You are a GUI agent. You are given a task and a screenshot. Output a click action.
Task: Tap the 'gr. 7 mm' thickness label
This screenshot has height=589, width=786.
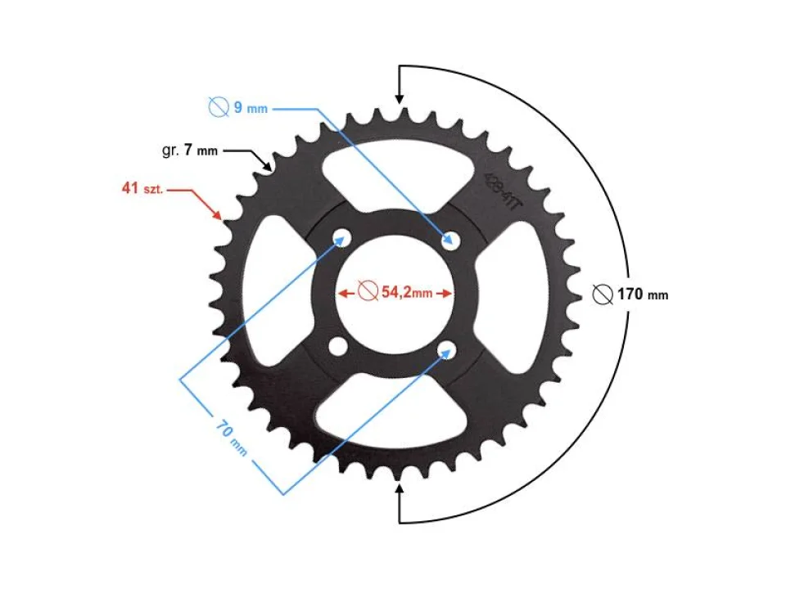tap(189, 151)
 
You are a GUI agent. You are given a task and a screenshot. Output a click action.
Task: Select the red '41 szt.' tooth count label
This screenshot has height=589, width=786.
tap(143, 189)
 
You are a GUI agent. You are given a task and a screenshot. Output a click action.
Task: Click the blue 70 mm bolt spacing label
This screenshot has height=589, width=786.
tap(232, 438)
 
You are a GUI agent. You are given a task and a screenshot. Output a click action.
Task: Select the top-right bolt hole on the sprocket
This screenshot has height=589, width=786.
tap(449, 238)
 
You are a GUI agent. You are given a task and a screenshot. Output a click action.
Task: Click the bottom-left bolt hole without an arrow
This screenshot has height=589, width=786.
tap(336, 348)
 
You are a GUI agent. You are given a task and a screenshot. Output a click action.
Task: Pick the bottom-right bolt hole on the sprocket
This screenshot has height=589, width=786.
tap(448, 348)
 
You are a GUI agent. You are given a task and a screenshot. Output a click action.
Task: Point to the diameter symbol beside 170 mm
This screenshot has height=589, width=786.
tap(602, 294)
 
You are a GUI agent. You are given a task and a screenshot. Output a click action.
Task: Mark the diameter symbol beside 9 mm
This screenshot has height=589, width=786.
tap(218, 107)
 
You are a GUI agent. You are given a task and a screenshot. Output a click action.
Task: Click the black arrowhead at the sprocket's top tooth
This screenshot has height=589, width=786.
tap(400, 97)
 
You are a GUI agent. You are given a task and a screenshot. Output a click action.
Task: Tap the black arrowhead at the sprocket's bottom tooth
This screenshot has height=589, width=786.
tap(400, 490)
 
